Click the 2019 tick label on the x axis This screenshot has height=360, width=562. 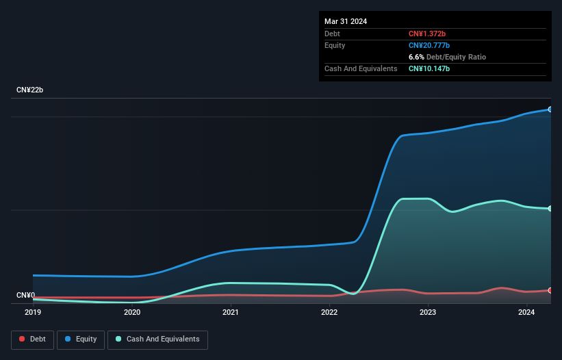[x=33, y=313]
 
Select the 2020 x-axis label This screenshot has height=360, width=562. [x=132, y=313]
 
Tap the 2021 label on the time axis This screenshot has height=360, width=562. [x=231, y=313]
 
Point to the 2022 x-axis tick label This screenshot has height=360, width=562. [x=329, y=313]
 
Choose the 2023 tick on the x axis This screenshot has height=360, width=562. [x=428, y=313]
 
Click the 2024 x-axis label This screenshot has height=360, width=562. [x=526, y=313]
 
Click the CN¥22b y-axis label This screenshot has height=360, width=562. [x=30, y=90]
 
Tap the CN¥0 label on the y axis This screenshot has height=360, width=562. [x=26, y=296]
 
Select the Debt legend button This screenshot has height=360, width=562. [x=32, y=339]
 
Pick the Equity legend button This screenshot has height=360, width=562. [x=81, y=339]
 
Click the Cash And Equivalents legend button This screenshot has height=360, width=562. [x=157, y=339]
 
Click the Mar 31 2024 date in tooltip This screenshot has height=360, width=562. [x=346, y=21]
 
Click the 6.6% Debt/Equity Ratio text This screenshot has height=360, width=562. [x=447, y=57]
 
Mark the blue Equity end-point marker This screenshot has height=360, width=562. [x=550, y=110]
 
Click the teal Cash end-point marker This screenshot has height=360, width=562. [x=550, y=209]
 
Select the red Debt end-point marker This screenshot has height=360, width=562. [x=550, y=291]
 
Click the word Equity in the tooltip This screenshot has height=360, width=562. [x=335, y=45]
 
